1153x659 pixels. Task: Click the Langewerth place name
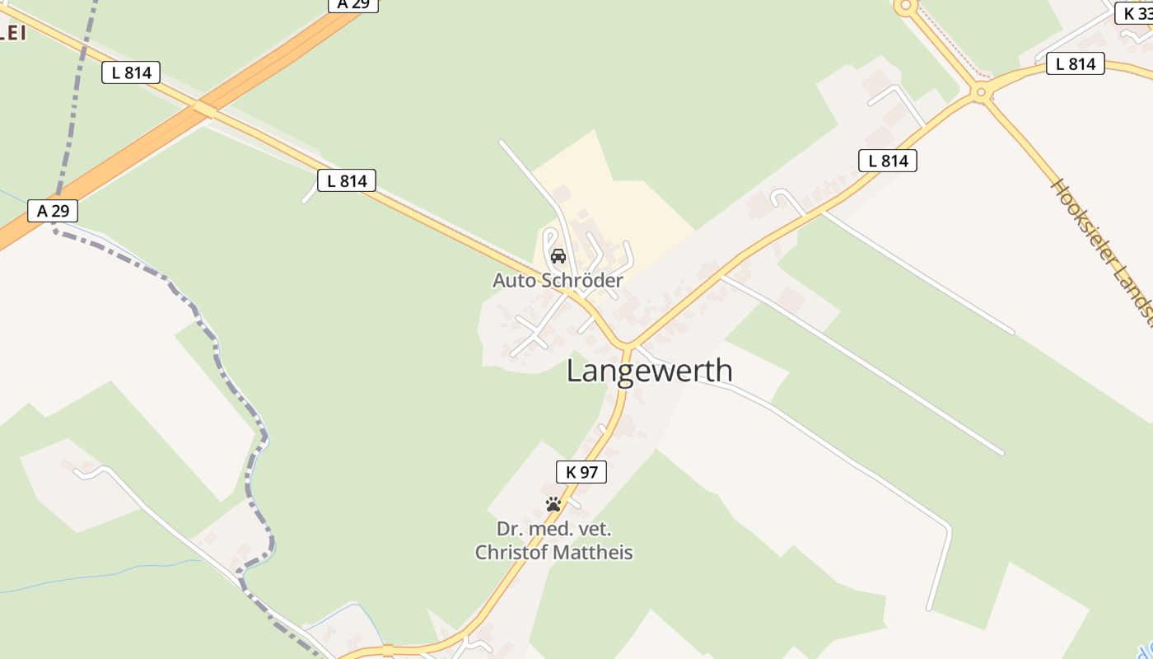[649, 371]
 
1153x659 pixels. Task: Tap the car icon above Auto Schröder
[558, 255]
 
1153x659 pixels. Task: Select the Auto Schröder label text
[558, 280]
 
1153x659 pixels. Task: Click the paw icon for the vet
[553, 504]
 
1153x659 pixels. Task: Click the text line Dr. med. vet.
[553, 529]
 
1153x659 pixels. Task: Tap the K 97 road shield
[581, 472]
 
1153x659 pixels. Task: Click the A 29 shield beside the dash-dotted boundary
[53, 211]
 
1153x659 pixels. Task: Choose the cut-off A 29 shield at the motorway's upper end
[353, 4]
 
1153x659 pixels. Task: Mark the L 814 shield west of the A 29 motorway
[131, 72]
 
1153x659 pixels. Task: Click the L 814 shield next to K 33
[1075, 63]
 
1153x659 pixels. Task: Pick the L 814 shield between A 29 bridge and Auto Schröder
[347, 180]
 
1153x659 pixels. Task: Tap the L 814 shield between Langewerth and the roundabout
[888, 161]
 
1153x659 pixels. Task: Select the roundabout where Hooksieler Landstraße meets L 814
[979, 92]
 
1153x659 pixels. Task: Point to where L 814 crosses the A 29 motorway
[203, 108]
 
